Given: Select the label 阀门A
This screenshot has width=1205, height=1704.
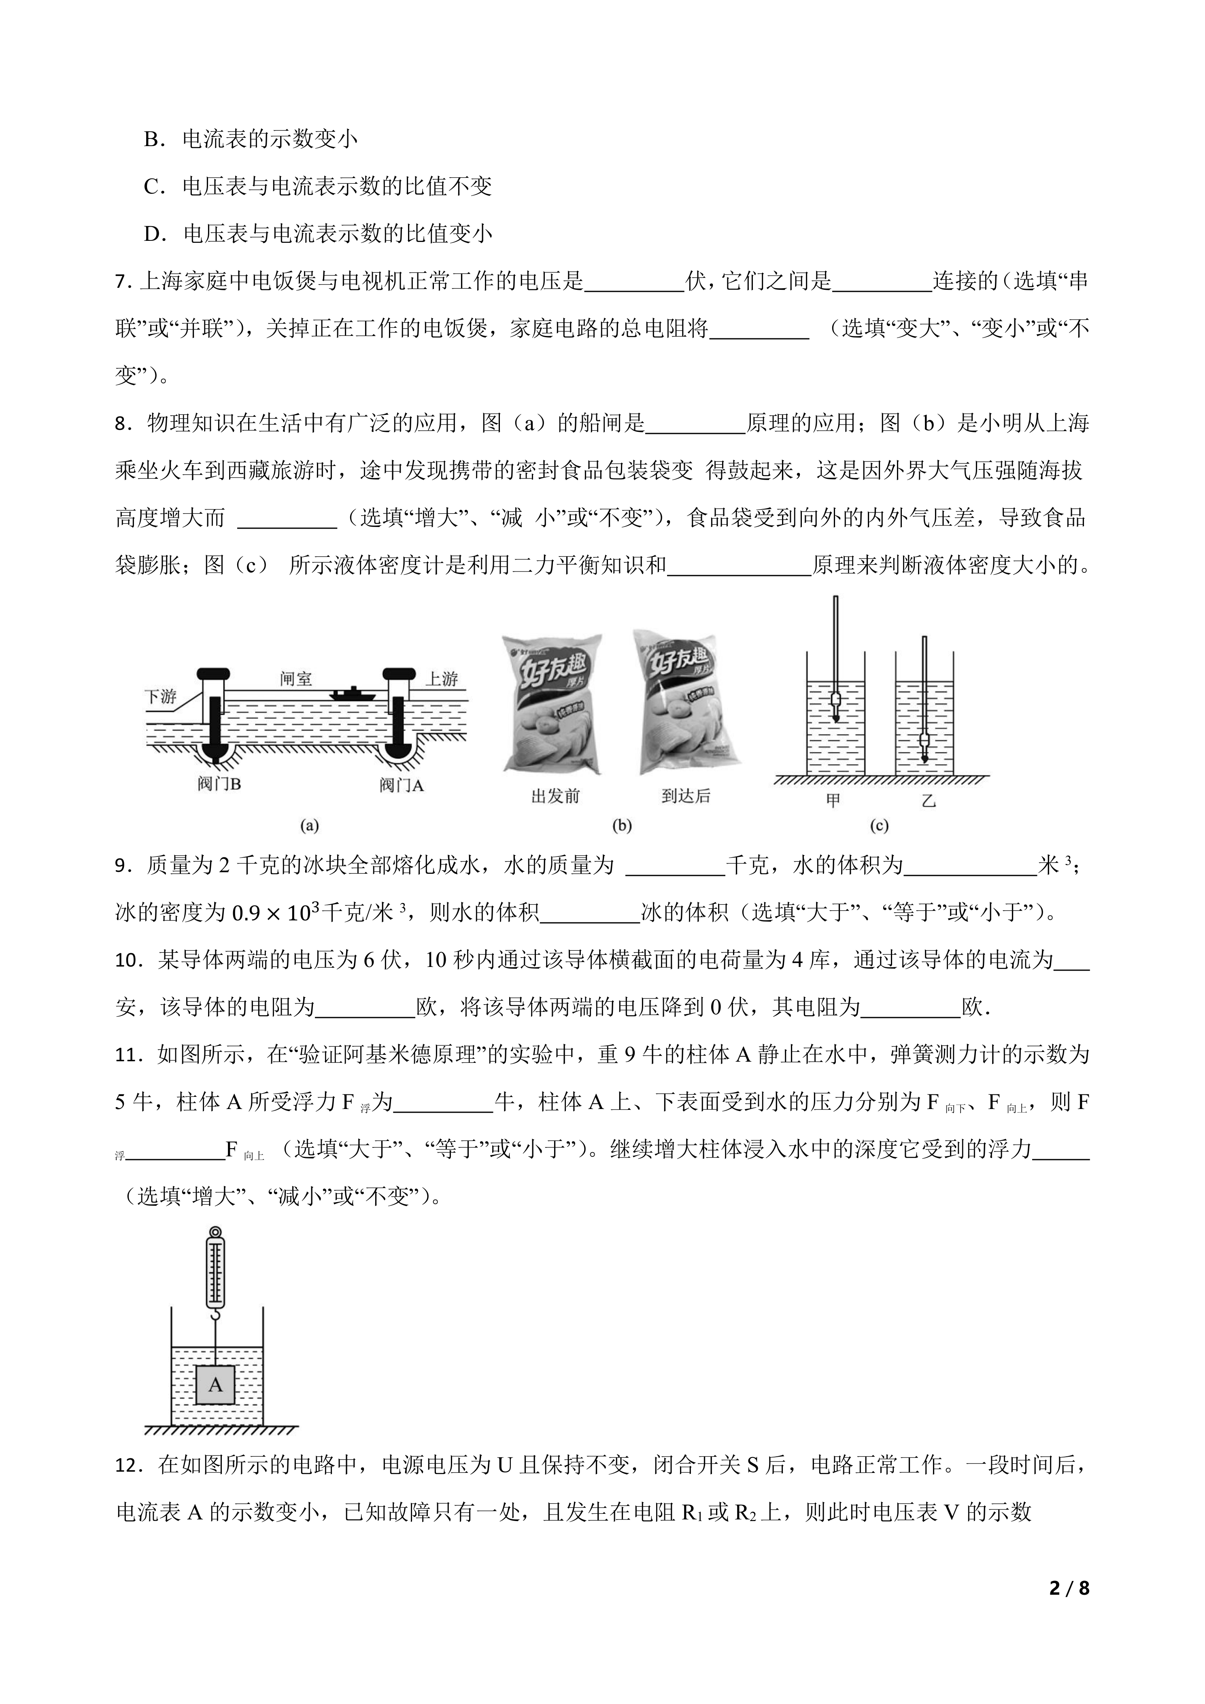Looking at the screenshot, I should coord(402,785).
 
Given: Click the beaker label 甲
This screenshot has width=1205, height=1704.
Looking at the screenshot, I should coord(833,801).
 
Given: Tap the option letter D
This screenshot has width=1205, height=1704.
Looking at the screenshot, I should coord(153,234).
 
